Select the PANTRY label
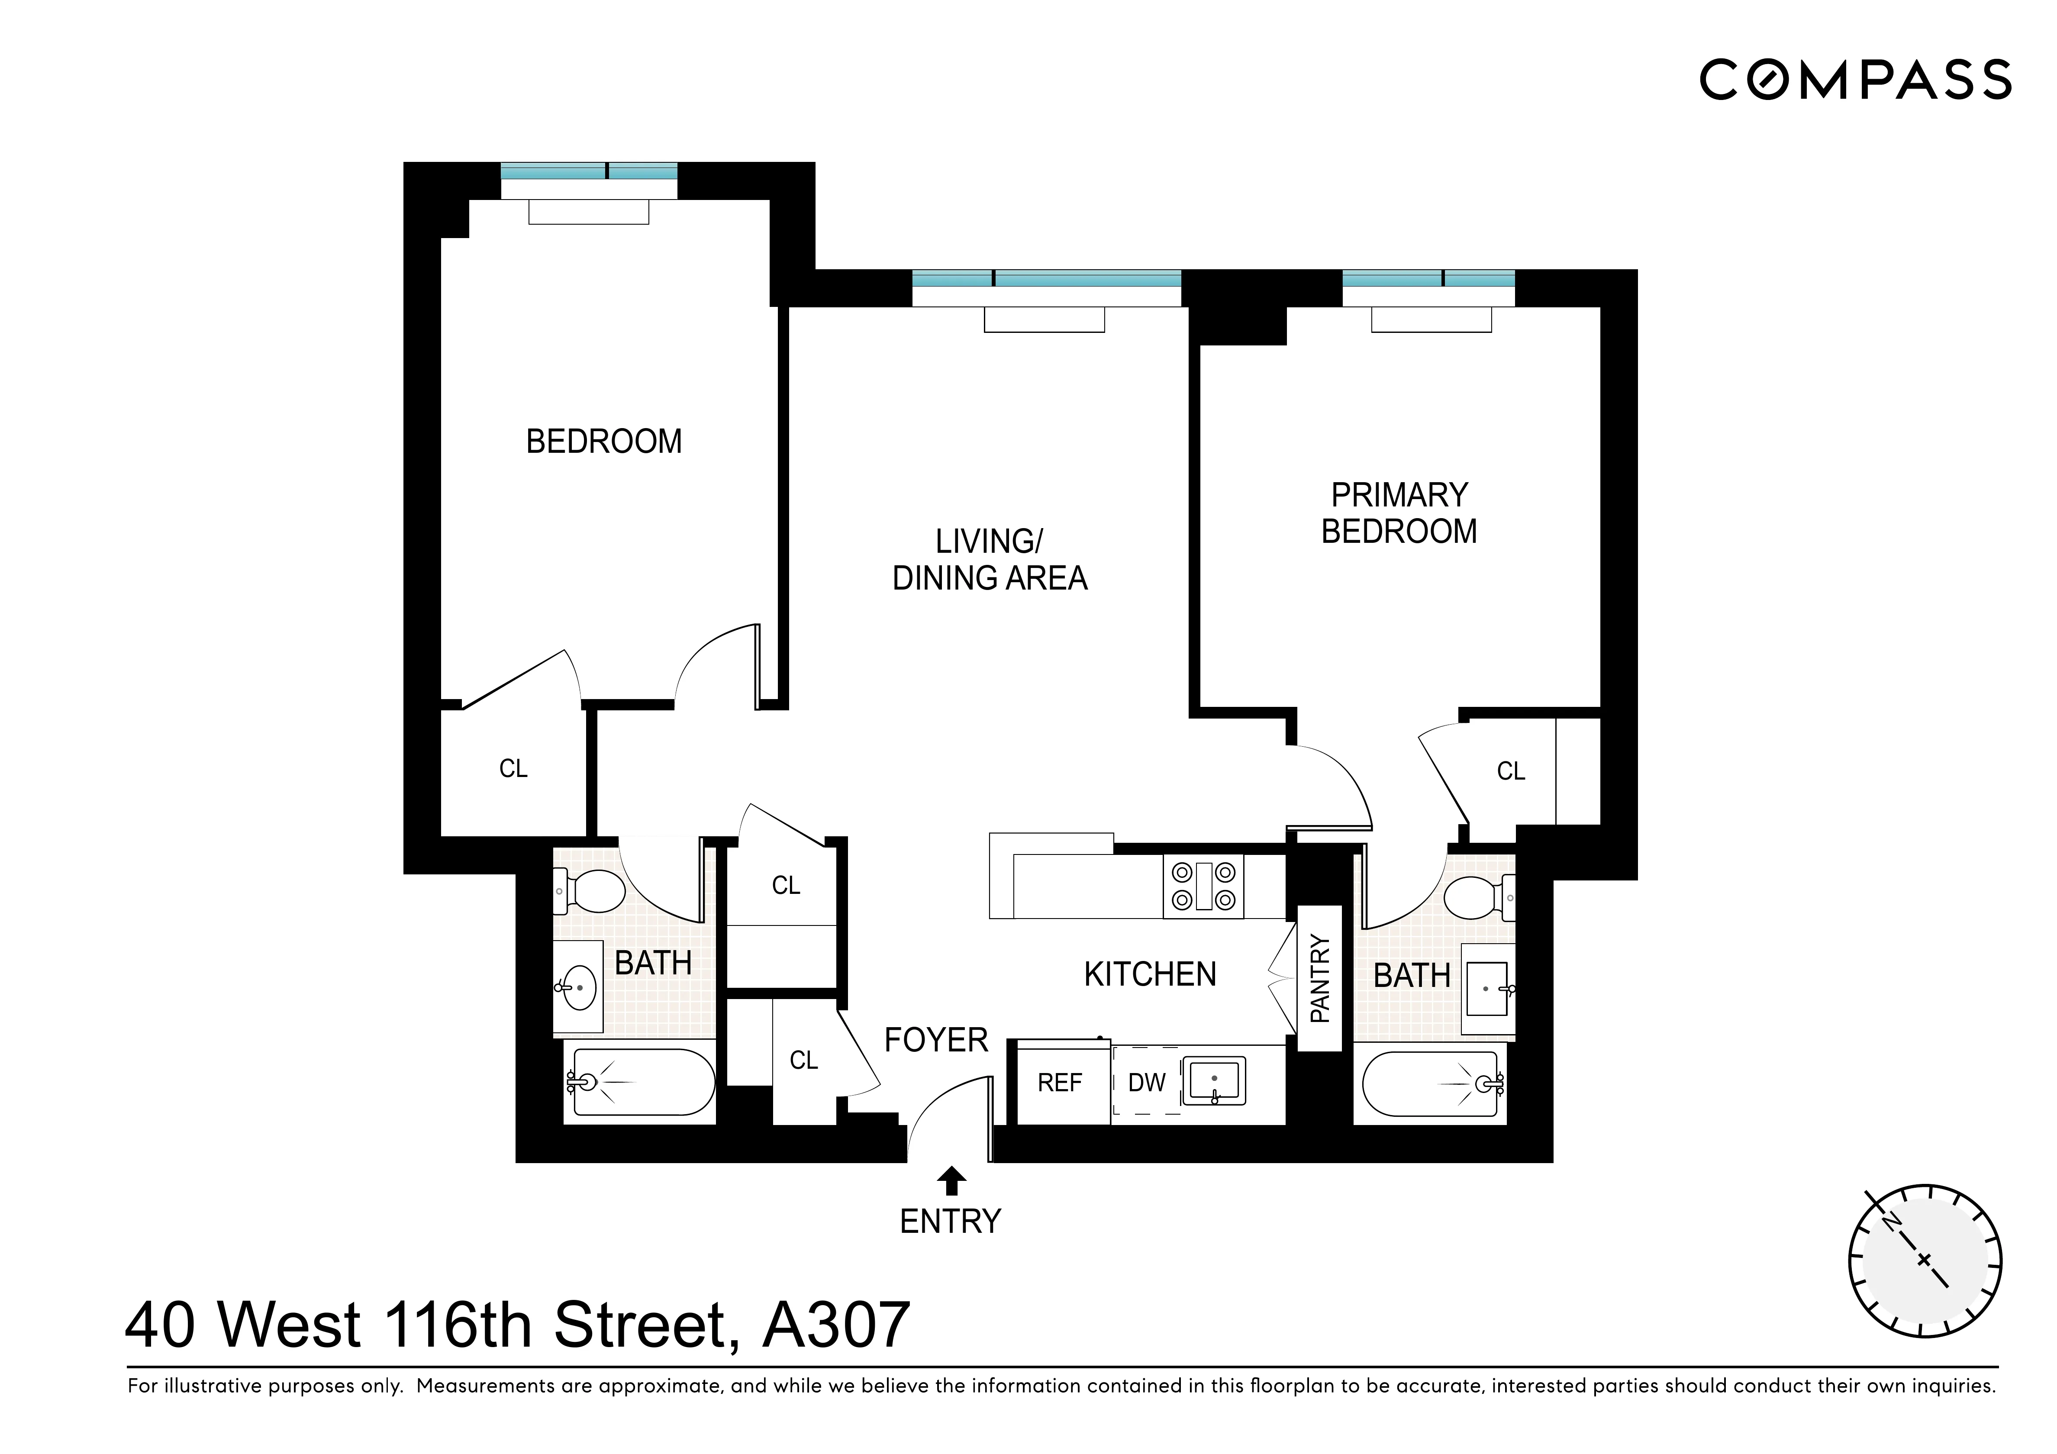pyautogui.click(x=1320, y=978)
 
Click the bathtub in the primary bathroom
pyautogui.click(x=1431, y=1085)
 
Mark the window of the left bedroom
pyautogui.click(x=589, y=172)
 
